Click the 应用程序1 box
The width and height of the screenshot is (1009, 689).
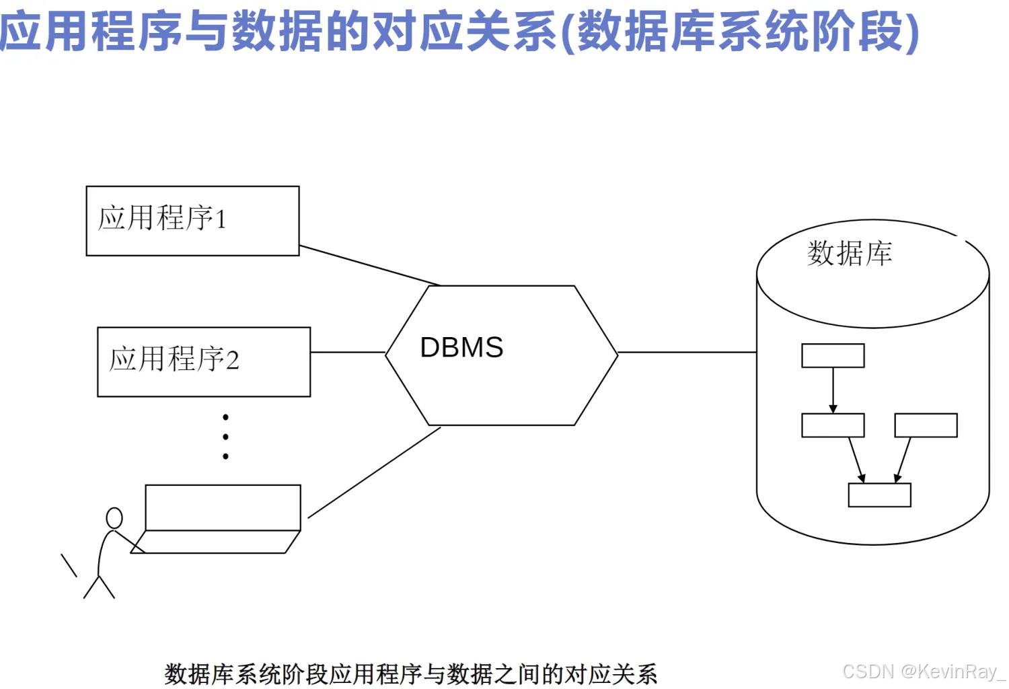tap(192, 221)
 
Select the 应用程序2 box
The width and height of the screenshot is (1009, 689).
tap(204, 362)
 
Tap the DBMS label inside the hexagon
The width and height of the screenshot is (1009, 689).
tap(461, 348)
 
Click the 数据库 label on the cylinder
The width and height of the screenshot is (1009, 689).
tap(850, 254)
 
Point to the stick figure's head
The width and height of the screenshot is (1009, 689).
tap(114, 517)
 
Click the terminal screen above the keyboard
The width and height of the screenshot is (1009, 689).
tap(223, 507)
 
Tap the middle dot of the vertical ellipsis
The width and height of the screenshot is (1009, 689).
tap(225, 437)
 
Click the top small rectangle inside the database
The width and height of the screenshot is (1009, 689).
tap(833, 356)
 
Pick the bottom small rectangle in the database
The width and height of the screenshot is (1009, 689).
tap(879, 495)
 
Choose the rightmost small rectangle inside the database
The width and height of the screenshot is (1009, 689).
tap(926, 425)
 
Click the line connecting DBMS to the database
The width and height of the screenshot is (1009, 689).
tap(686, 352)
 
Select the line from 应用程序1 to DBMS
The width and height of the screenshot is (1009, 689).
tap(370, 266)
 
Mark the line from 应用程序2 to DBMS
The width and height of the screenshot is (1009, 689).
tap(347, 352)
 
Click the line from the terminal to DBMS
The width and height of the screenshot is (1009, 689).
tap(374, 472)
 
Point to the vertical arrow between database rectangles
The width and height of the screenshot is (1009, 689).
tap(833, 390)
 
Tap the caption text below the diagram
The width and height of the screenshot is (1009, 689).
tap(410, 674)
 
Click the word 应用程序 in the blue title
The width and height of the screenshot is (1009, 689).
tap(91, 31)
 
